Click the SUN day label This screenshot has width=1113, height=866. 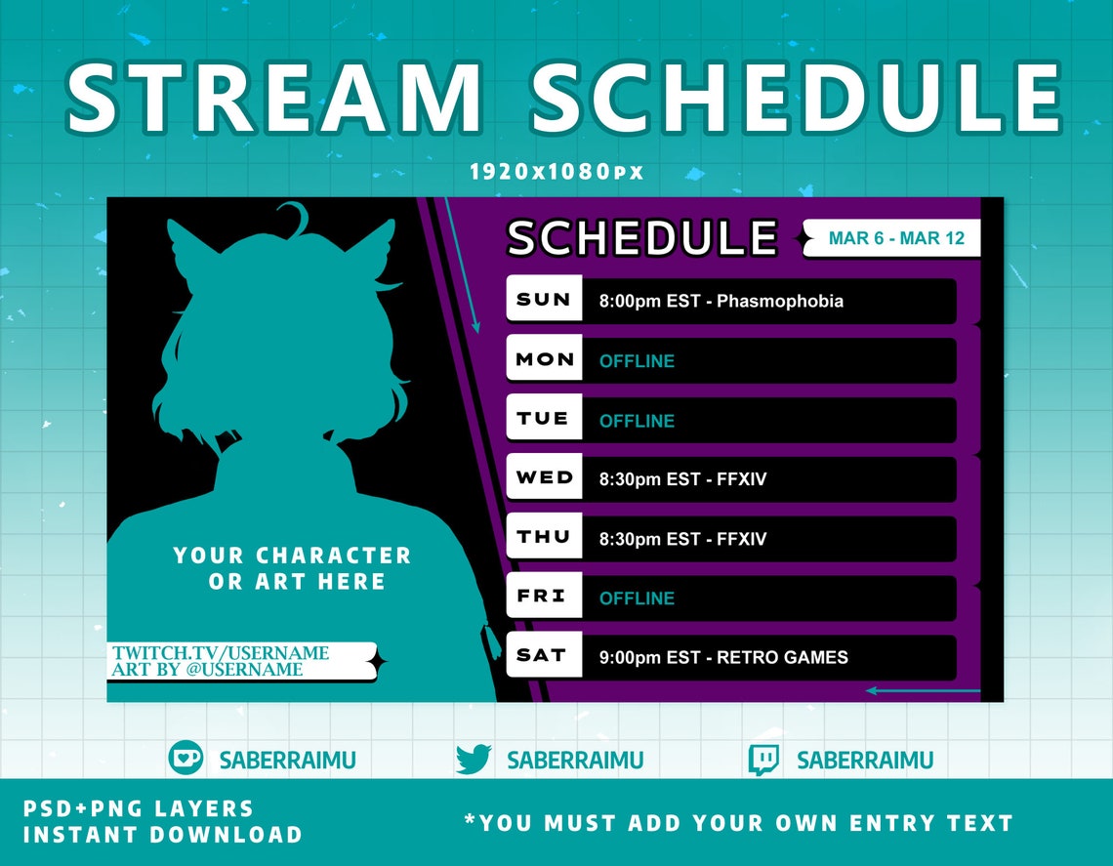544,300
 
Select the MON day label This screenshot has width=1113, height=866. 544,359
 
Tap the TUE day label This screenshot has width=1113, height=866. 544,419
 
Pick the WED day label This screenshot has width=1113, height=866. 544,478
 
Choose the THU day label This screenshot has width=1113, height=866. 544,538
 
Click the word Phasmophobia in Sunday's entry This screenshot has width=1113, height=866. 779,301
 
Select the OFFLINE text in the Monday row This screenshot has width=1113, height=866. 637,361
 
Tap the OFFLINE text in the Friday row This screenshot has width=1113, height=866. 637,598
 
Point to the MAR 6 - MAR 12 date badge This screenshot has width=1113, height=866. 895,238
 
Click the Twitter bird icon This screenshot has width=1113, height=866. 474,760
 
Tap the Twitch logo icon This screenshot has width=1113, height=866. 763,760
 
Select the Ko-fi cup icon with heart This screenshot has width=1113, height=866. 185,758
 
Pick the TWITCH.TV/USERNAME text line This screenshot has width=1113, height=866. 221,652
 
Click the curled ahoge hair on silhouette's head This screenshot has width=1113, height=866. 293,216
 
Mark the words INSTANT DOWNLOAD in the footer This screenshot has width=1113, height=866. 163,835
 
